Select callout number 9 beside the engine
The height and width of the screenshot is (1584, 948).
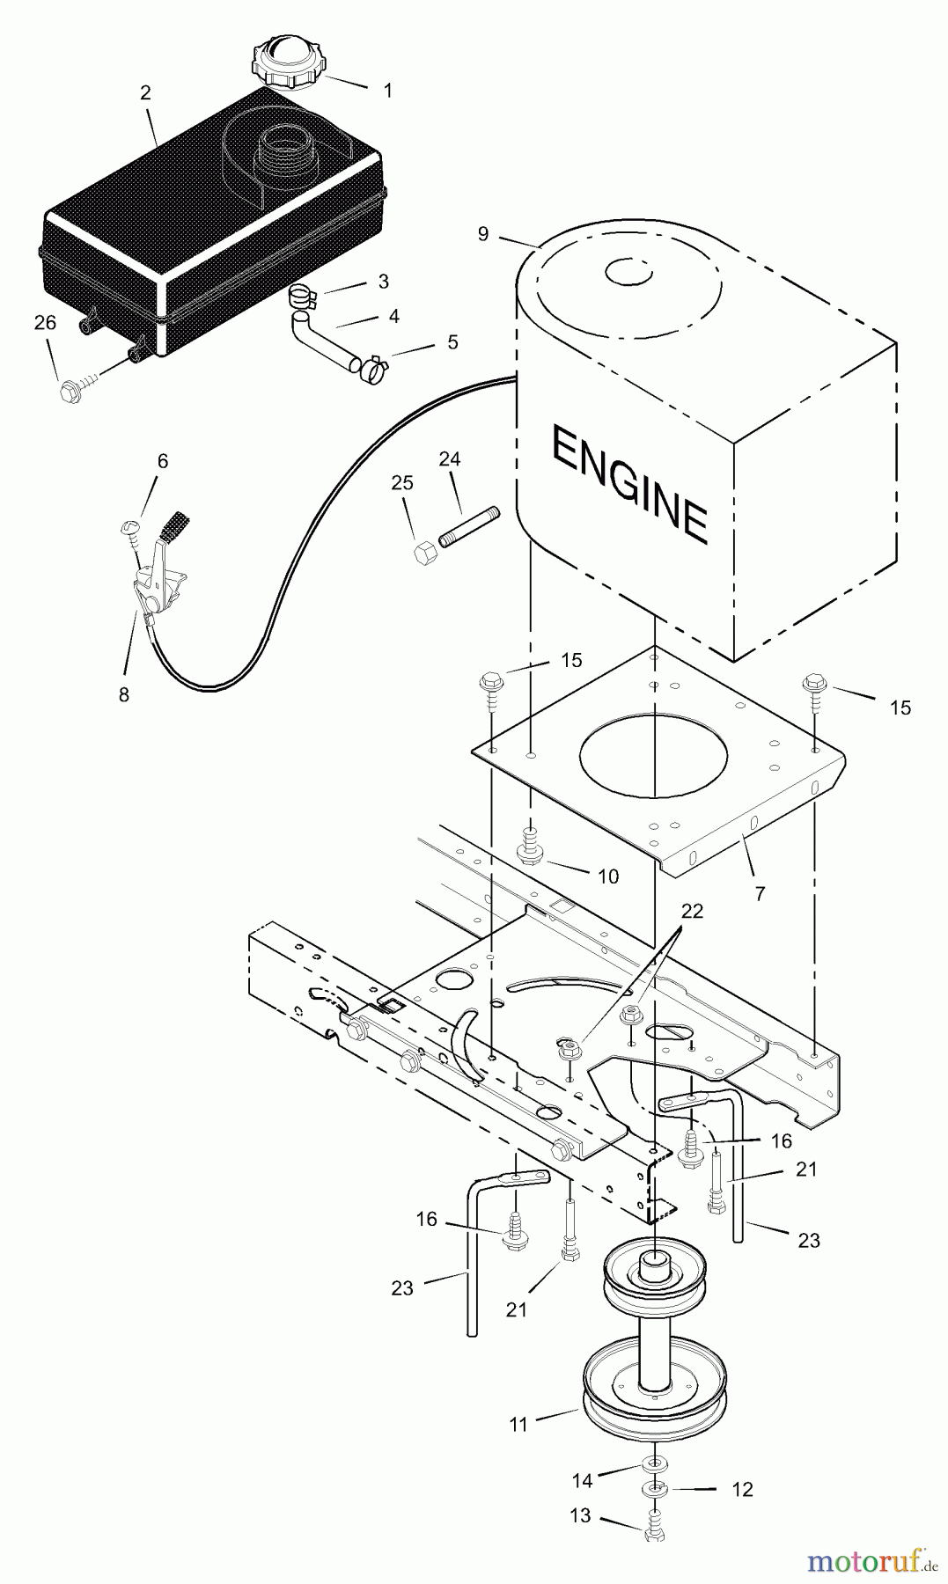[x=483, y=233]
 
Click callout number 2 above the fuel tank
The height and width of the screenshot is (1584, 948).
[x=146, y=92]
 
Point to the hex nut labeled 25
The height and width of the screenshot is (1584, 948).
[x=423, y=554]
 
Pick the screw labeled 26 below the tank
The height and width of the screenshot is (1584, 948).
[x=70, y=392]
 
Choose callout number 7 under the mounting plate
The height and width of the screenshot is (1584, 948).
[x=760, y=893]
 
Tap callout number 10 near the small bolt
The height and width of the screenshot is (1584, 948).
[x=608, y=876]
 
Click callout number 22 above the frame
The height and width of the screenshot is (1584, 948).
[x=693, y=911]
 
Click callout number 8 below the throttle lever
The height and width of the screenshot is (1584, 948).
[x=124, y=694]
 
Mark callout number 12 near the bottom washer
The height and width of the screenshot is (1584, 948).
[x=743, y=1489]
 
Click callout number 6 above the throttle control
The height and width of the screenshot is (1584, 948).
[x=163, y=461]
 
